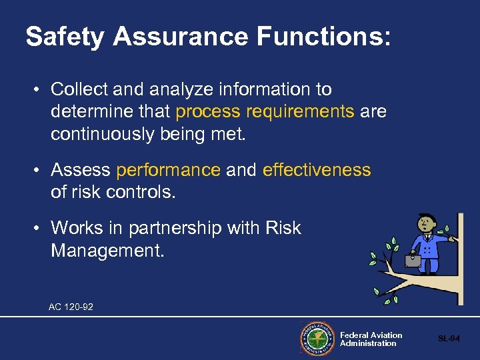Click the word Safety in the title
pos(65,37)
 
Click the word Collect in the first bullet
pos(76,89)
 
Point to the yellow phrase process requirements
pos(265,111)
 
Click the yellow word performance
pos(168,171)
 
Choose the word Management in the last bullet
pos(106,252)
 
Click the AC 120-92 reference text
pos(71,307)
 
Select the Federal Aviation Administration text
pos(371,339)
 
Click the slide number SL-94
pos(448,339)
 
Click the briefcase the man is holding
pos(413,260)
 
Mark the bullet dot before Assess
pos(39,171)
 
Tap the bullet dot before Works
pos(39,228)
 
